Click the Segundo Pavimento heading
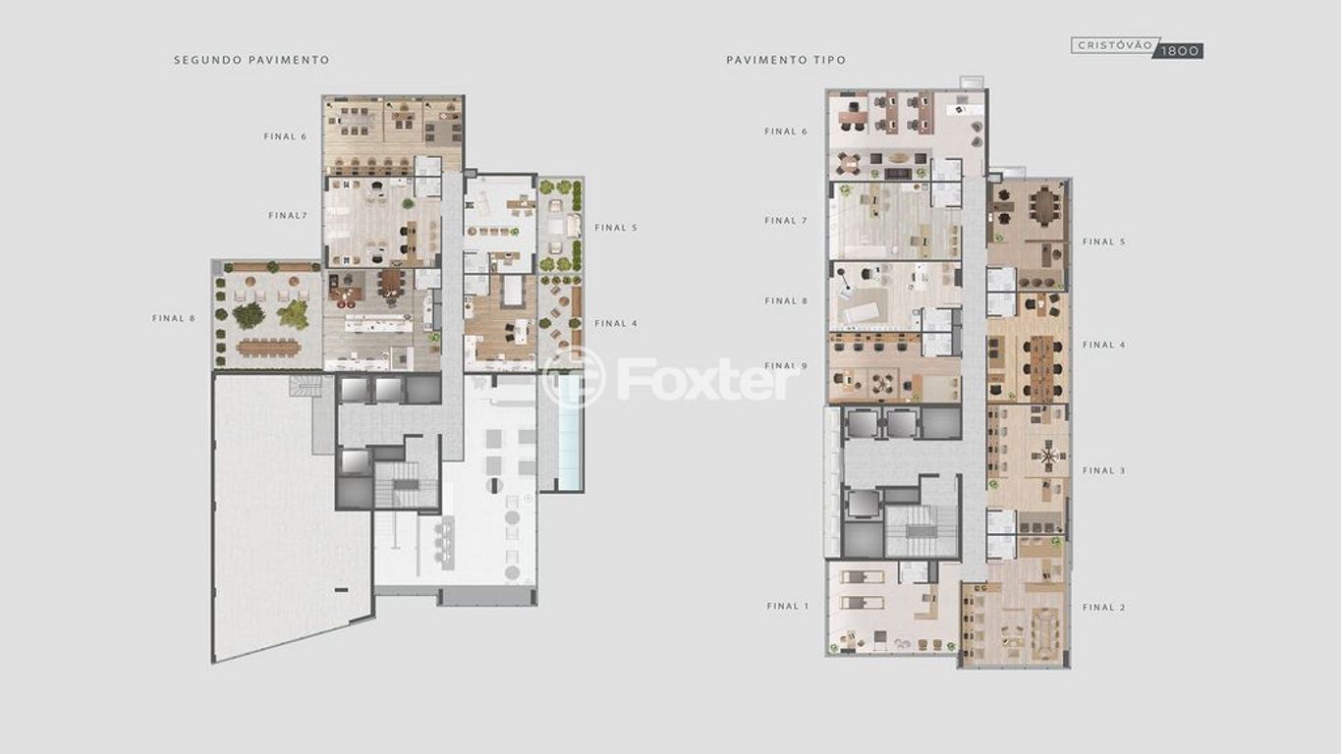coord(251,60)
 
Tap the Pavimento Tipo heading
coord(786,60)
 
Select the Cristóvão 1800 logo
coord(1137,47)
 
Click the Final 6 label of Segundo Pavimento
coord(286,136)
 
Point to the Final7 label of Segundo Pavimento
coord(288,215)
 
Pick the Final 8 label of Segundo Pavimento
coord(174,318)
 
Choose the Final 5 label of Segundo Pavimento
coord(616,228)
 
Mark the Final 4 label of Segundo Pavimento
coord(616,324)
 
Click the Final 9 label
coord(786,365)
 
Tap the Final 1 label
coord(787,606)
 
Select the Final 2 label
coord(1104,608)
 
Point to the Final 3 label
coord(1104,471)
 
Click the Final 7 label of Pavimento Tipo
coord(786,221)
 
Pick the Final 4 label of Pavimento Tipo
coord(1104,346)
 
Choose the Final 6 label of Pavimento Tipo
coord(786,132)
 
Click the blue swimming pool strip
coord(570,431)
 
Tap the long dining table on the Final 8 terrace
coord(267,348)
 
